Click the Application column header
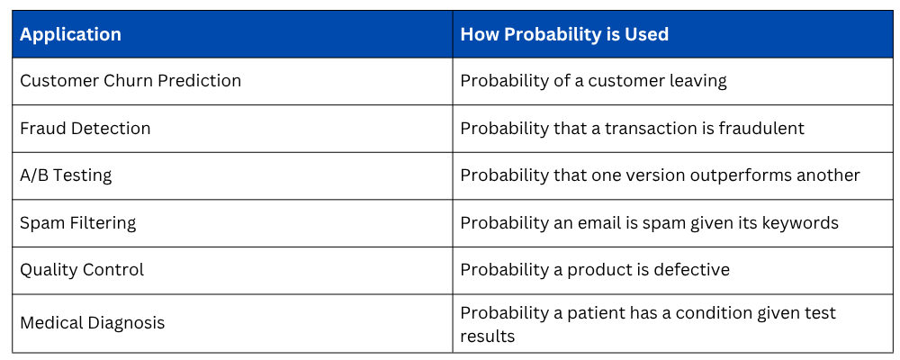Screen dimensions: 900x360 tap(70, 34)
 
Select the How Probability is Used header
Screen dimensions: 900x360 tap(564, 34)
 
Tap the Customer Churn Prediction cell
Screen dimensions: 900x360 tap(130, 81)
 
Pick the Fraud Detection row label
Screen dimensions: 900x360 tap(85, 128)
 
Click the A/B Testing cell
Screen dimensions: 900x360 tap(66, 175)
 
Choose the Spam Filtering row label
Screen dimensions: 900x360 tap(78, 223)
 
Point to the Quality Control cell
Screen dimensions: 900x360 tap(82, 270)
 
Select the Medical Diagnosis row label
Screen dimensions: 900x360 tap(93, 323)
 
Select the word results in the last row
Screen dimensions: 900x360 tap(487, 336)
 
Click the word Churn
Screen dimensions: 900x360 tap(129, 81)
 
